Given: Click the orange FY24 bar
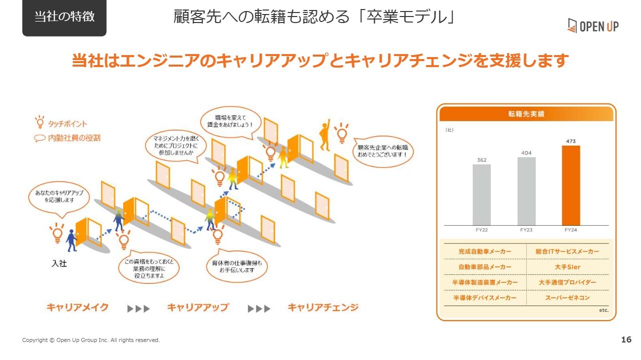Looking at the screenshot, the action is [570, 185].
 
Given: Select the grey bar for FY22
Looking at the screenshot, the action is [482, 195].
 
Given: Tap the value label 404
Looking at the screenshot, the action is [526, 153].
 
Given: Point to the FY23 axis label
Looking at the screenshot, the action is [526, 230].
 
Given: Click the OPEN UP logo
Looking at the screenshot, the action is [593, 26].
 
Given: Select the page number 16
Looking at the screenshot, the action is [626, 339].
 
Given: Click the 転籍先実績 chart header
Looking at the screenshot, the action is [526, 114].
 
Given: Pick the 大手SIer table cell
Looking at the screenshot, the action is [567, 267].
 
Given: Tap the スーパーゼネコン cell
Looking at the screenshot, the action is [567, 298].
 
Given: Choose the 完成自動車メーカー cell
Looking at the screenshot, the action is [485, 251].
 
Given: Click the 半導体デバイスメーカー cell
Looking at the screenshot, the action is [485, 298].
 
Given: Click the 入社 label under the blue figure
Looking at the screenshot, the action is [59, 263].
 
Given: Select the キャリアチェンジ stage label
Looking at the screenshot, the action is [323, 307].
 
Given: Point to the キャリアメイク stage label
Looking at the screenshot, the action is [78, 307].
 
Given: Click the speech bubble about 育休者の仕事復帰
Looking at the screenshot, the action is [237, 266].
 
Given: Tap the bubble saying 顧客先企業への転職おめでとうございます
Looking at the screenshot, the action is [383, 151].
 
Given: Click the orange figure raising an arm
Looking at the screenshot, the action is [325, 135].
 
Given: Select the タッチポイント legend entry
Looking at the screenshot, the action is [61, 123].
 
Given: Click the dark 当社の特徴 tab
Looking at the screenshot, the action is [65, 17].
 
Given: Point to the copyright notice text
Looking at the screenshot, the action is [91, 340].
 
